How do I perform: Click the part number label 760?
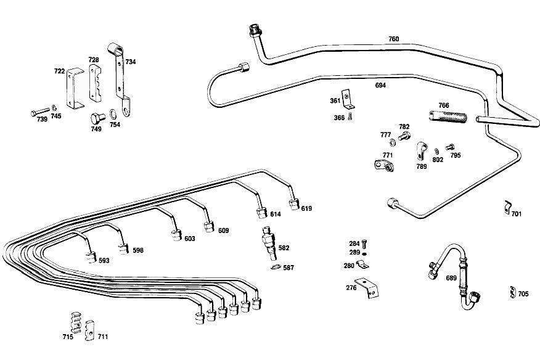(393, 39)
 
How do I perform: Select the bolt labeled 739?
(39, 112)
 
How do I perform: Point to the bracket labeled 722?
(76, 87)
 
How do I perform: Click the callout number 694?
(380, 86)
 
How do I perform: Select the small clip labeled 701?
(507, 208)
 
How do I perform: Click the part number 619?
(306, 208)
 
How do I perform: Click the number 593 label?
(104, 260)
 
